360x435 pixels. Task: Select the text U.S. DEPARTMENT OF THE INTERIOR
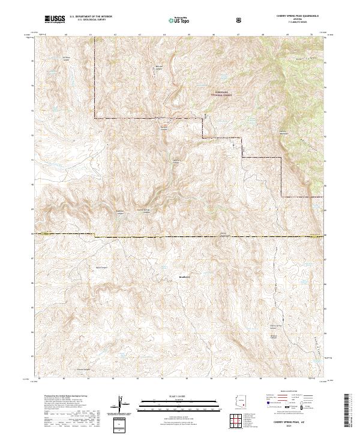(91, 17)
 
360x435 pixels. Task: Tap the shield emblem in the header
(239, 19)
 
